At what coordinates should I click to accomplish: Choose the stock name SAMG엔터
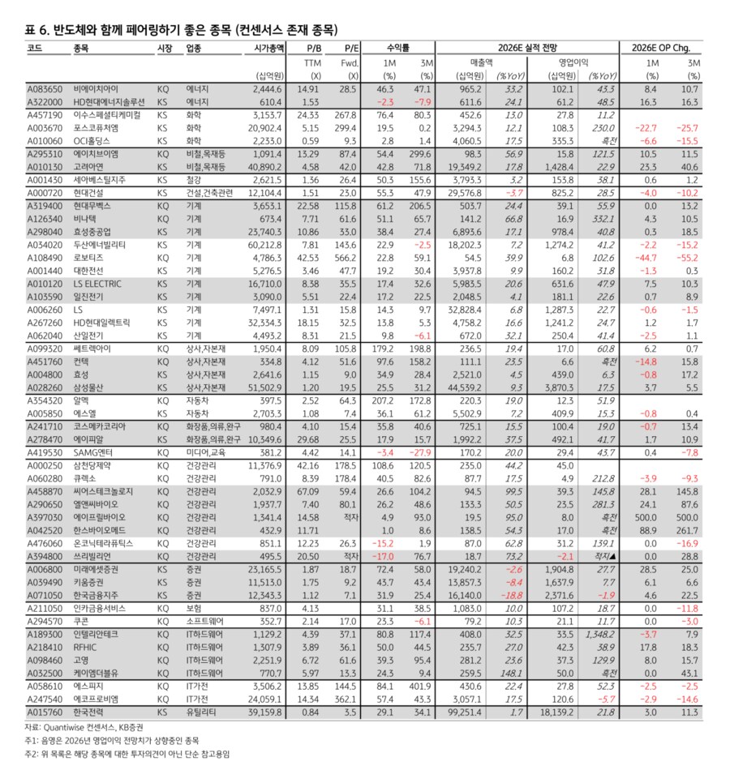(93, 453)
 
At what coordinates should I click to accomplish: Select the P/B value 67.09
(310, 490)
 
